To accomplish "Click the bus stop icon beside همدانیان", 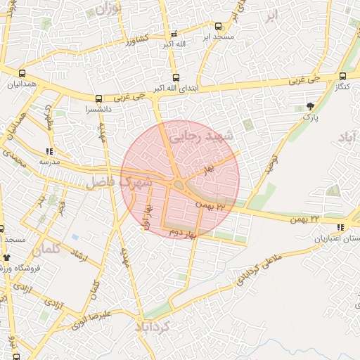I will pyautogui.click(x=22, y=73).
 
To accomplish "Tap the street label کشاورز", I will pyautogui.click(x=139, y=41).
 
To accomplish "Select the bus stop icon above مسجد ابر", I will pyautogui.click(x=218, y=25).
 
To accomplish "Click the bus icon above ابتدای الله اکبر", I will pyautogui.click(x=176, y=78).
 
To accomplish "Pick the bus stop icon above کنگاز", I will pyautogui.click(x=342, y=76).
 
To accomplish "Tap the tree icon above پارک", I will pyautogui.click(x=311, y=107).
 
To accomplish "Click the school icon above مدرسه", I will pyautogui.click(x=49, y=150).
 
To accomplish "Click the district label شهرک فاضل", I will pyautogui.click(x=120, y=184).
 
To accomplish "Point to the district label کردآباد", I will pyautogui.click(x=163, y=328).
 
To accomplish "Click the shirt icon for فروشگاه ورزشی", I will pyautogui.click(x=7, y=257).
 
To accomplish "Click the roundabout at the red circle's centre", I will pyautogui.click(x=180, y=186).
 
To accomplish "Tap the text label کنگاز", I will pyautogui.click(x=340, y=86).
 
